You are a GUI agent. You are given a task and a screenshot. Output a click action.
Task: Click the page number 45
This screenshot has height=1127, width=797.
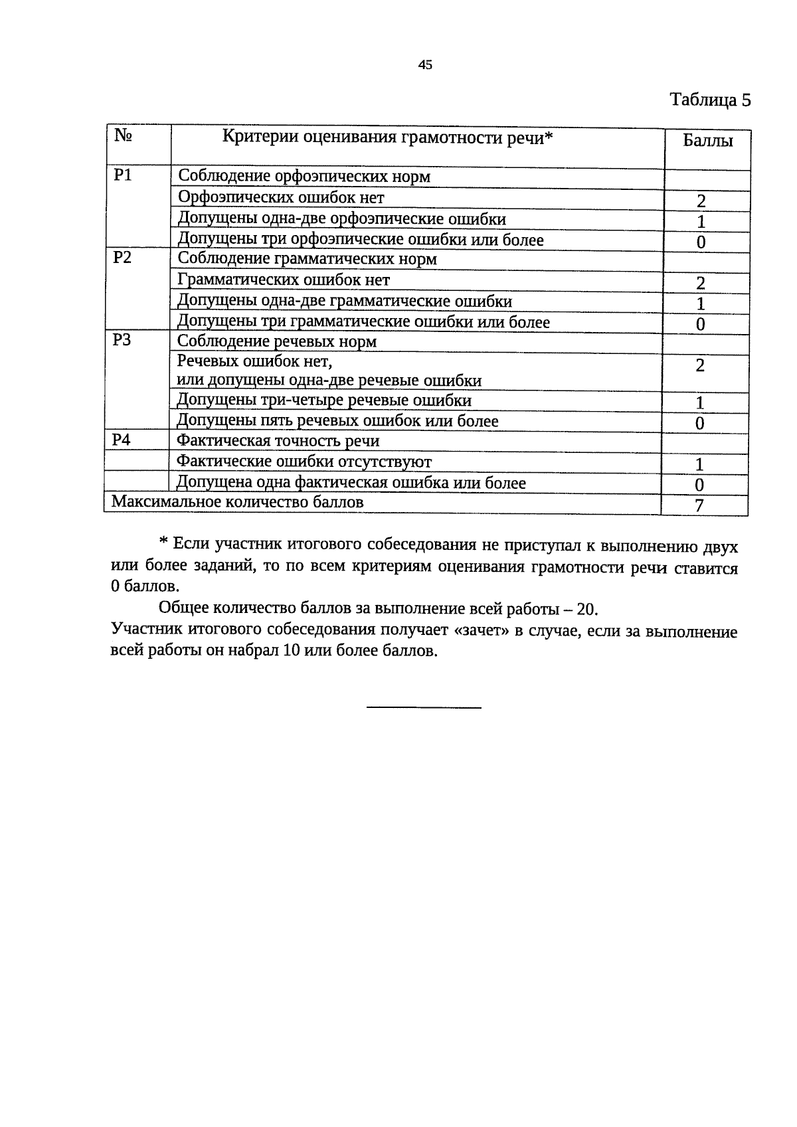(425, 64)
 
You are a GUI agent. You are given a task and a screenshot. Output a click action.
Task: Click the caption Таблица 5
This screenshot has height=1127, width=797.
(710, 100)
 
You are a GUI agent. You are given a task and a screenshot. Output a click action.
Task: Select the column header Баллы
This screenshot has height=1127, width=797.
(708, 141)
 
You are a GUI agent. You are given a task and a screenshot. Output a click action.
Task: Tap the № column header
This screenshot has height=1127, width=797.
(123, 135)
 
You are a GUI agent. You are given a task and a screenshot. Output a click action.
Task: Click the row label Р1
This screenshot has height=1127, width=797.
(123, 175)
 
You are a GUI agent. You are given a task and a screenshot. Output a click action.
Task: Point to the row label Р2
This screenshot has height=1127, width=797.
(122, 258)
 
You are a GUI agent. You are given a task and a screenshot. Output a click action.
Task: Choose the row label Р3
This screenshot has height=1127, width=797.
(122, 341)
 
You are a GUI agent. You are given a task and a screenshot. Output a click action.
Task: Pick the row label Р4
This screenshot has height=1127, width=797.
(122, 440)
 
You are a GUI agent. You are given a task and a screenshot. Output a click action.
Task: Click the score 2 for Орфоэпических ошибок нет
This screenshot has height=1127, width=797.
(701, 201)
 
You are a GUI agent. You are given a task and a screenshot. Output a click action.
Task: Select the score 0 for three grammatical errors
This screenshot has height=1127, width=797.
(701, 325)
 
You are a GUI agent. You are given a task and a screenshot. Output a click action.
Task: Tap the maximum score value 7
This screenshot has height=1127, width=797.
(699, 506)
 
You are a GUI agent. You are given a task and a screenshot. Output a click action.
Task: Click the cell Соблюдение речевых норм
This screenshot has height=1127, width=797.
(277, 341)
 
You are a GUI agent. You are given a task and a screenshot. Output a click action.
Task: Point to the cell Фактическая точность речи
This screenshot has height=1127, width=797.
(278, 441)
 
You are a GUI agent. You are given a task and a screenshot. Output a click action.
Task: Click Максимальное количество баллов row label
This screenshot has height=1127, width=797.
(238, 501)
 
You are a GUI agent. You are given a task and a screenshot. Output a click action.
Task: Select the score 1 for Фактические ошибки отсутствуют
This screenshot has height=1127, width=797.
(699, 464)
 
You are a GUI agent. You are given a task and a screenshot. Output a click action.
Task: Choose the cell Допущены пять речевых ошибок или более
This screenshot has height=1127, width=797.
(337, 421)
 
